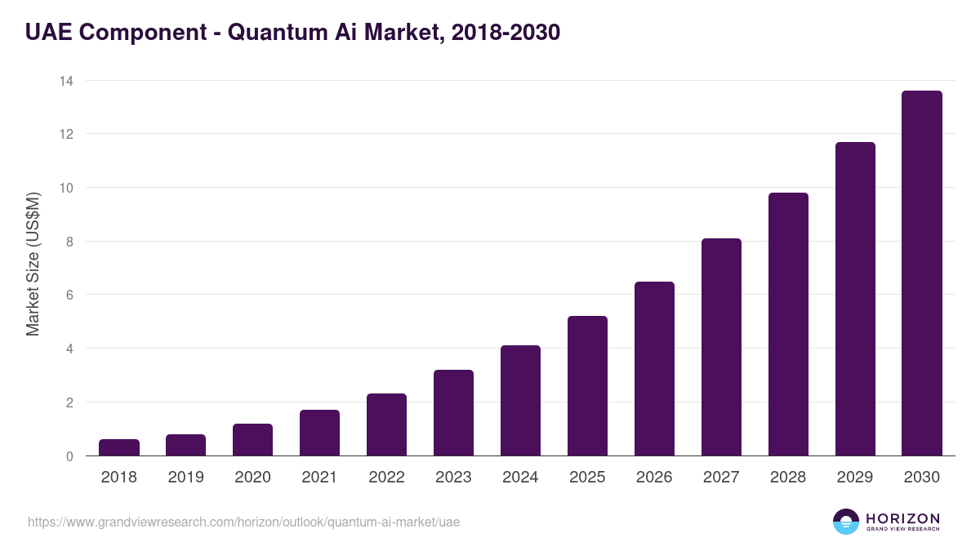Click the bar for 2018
[119, 447]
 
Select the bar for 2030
[921, 273]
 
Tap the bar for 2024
[520, 401]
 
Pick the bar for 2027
[721, 347]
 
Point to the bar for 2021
[319, 433]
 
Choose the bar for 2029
[855, 299]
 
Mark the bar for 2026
[654, 369]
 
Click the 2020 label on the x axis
[252, 478]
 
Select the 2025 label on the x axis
[587, 478]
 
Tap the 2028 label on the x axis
[788, 478]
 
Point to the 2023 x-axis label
[453, 478]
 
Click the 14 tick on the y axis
[65, 81]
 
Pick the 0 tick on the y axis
[69, 456]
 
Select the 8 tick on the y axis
[69, 242]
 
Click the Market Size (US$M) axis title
[33, 264]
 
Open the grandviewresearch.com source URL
[243, 522]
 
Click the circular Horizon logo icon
[845, 522]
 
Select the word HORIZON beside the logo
[902, 518]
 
